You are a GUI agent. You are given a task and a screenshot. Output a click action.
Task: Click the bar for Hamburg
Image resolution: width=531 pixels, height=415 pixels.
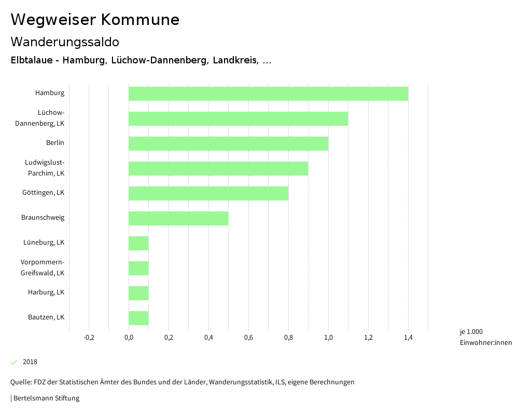click(268, 93)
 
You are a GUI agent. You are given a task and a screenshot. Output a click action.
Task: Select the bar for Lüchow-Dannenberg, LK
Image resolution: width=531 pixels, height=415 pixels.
click(238, 118)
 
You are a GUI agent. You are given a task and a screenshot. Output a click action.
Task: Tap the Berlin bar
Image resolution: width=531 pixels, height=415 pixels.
click(228, 143)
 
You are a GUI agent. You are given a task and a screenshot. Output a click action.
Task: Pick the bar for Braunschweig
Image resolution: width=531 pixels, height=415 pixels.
click(178, 218)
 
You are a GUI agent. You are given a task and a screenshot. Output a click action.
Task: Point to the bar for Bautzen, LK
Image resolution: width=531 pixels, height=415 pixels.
click(138, 318)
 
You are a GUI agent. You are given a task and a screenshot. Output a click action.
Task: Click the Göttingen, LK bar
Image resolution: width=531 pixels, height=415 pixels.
click(208, 193)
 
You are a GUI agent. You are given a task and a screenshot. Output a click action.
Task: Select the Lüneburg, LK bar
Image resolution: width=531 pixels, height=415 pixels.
click(138, 243)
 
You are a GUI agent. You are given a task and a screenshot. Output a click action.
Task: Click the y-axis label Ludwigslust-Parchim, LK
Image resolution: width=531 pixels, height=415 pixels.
click(45, 168)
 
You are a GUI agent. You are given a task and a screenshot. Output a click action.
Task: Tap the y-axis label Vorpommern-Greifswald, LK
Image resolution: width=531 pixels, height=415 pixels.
click(43, 267)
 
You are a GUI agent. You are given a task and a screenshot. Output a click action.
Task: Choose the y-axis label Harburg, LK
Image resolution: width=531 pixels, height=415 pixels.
click(46, 292)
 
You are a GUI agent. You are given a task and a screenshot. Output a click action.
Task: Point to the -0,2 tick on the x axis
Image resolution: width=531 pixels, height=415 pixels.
click(89, 338)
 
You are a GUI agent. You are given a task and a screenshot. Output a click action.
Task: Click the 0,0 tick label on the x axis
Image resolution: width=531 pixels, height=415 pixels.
click(129, 338)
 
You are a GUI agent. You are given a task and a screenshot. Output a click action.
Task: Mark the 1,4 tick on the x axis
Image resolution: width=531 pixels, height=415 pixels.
click(408, 338)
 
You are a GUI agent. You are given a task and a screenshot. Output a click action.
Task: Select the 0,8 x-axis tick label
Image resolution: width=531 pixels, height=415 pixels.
click(288, 338)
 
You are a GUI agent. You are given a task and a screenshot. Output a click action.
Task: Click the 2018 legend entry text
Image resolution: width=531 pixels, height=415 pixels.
click(30, 362)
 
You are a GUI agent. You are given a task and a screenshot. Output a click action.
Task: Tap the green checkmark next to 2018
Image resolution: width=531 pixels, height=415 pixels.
click(14, 362)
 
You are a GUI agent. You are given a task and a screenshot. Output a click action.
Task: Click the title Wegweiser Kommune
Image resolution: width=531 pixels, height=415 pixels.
click(95, 20)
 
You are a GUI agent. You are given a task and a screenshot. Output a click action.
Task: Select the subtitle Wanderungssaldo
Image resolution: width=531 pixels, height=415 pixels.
click(65, 42)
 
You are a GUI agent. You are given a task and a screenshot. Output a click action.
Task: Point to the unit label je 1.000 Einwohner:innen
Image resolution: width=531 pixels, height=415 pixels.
click(485, 337)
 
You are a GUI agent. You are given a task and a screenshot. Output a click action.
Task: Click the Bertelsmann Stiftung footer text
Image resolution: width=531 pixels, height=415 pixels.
click(46, 398)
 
